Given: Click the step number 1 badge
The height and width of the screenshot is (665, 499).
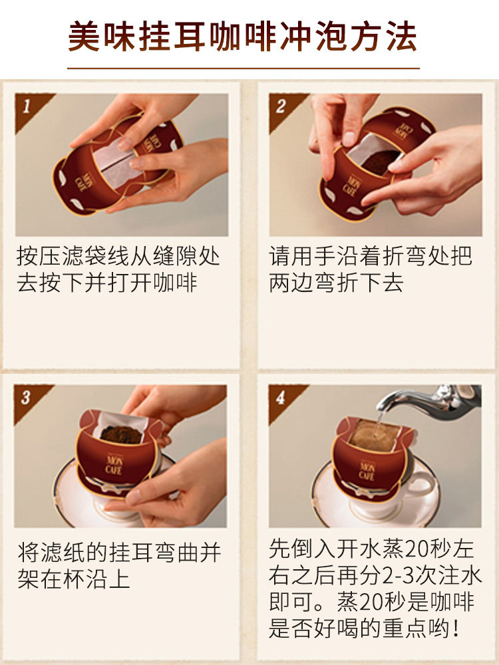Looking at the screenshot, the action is coord(30,108).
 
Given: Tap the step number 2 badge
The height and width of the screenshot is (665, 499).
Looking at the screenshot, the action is coord(283,108).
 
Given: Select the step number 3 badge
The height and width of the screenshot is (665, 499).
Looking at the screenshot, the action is coord(29,399).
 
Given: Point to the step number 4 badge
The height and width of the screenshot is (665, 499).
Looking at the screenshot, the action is coord(283,399).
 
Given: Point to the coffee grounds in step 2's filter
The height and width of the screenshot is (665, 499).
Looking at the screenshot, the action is coord(380,162).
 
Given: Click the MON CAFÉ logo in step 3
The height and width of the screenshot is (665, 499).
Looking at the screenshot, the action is coord(114,465).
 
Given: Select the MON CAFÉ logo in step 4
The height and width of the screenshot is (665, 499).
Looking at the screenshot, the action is coord(367,471).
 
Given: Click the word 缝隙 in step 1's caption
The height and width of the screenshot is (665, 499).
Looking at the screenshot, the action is coord(164,257).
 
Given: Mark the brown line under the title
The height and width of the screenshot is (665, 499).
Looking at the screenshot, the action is coord(243,68).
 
